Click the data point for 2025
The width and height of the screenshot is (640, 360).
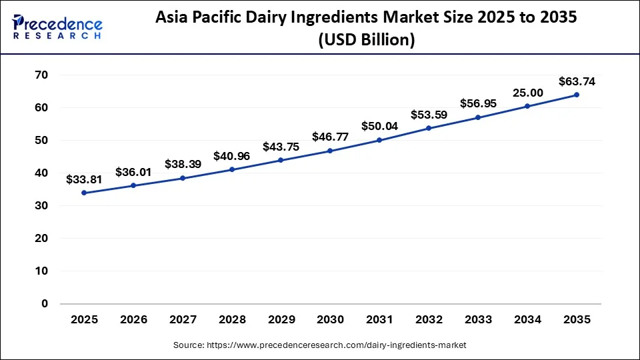pyautogui.click(x=84, y=193)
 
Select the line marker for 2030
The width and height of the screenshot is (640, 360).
pyautogui.click(x=330, y=151)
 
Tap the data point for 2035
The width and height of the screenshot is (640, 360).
pyautogui.click(x=577, y=95)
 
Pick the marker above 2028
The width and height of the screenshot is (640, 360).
pyautogui.click(x=232, y=169)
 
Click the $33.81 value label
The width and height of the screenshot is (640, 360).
pyautogui.click(x=84, y=179)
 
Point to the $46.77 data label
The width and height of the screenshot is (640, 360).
pyautogui.click(x=330, y=137)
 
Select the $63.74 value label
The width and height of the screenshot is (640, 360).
pyautogui.click(x=577, y=82)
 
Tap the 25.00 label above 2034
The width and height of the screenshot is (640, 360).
pyautogui.click(x=527, y=93)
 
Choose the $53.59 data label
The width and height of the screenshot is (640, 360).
pyautogui.click(x=429, y=115)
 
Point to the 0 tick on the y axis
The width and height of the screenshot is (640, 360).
pyautogui.click(x=45, y=303)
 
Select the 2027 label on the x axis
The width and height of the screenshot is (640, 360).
pyautogui.click(x=183, y=320)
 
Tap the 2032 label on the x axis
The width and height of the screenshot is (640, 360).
pyautogui.click(x=429, y=320)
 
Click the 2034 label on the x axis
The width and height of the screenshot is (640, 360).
pyautogui.click(x=527, y=320)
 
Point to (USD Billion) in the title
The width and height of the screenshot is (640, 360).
pyautogui.click(x=367, y=41)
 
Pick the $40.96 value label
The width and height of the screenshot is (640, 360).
pyautogui.click(x=232, y=157)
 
